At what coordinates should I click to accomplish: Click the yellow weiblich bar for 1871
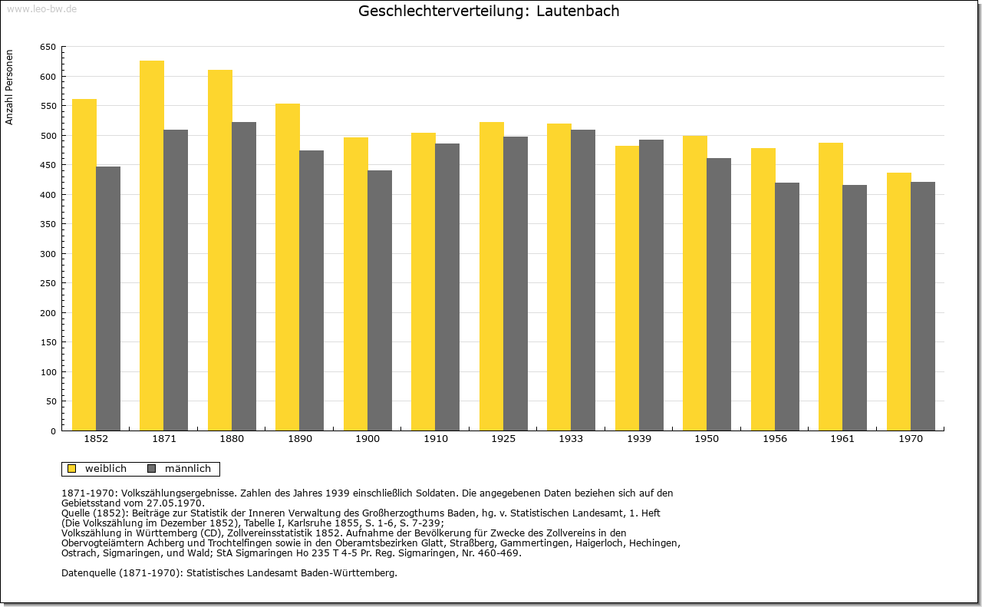(x=152, y=246)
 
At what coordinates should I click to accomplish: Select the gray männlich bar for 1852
(x=108, y=299)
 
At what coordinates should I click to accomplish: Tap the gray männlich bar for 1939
(x=651, y=285)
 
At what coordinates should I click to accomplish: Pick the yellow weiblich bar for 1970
(x=898, y=302)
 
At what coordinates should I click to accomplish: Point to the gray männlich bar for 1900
(x=380, y=300)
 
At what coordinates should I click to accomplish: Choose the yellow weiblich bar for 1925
(x=492, y=276)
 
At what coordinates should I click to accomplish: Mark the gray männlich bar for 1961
(x=855, y=308)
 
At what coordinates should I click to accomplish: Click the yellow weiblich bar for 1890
(x=288, y=267)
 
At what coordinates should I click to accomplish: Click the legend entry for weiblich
(x=97, y=468)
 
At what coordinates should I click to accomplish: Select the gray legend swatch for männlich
(x=152, y=468)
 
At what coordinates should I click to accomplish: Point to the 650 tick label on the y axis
(x=48, y=47)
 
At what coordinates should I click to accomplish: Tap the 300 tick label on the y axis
(x=48, y=253)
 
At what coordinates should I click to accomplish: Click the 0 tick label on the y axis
(x=53, y=431)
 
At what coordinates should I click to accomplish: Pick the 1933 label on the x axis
(x=571, y=439)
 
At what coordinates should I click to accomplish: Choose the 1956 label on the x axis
(x=775, y=439)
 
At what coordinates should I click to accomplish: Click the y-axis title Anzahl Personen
(x=9, y=87)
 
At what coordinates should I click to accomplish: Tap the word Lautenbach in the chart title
(x=578, y=11)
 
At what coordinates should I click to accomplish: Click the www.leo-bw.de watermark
(x=42, y=8)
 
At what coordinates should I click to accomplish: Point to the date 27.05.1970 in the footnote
(x=176, y=503)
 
